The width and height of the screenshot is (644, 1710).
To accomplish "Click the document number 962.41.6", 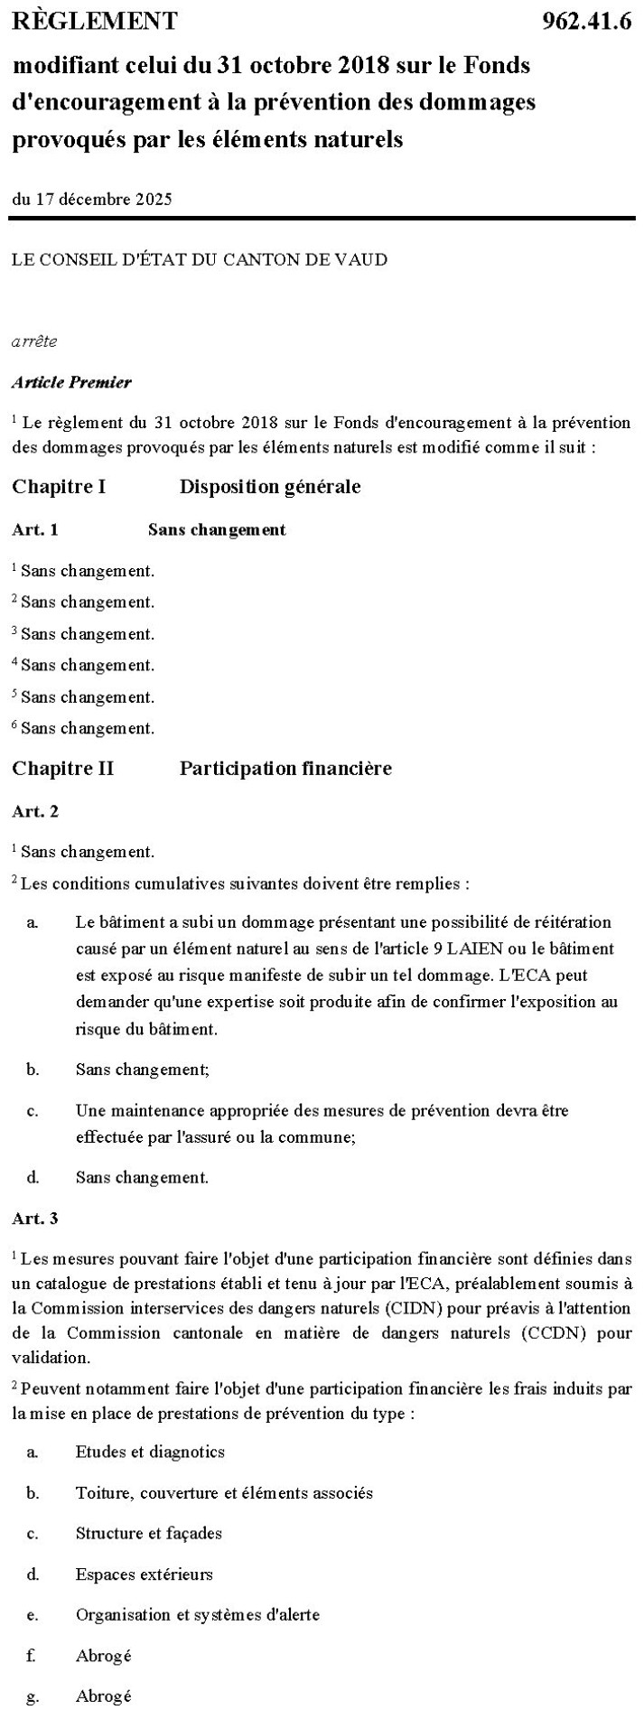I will (586, 22).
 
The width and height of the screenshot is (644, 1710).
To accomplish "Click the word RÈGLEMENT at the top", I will (95, 21).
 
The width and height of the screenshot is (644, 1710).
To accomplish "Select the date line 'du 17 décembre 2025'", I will (91, 200).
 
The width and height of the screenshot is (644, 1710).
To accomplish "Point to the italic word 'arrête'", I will (34, 341).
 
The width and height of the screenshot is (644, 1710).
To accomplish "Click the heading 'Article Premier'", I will (71, 381).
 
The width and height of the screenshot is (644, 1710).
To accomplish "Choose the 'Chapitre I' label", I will (59, 487).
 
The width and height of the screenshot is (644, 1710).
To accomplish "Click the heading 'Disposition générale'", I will (270, 487).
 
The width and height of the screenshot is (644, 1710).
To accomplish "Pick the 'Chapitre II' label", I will (62, 769).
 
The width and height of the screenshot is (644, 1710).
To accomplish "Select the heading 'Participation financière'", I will (285, 769).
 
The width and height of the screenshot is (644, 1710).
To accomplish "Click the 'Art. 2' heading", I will (35, 810).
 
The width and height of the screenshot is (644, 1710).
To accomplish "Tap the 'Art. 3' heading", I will (35, 1219).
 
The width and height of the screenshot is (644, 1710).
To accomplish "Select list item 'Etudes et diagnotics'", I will (150, 1452).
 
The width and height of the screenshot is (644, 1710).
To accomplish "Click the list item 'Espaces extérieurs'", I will (144, 1574).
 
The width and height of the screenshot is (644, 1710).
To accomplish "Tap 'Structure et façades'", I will (148, 1533).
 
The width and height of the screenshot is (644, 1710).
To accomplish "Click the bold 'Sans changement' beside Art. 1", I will (217, 529).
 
